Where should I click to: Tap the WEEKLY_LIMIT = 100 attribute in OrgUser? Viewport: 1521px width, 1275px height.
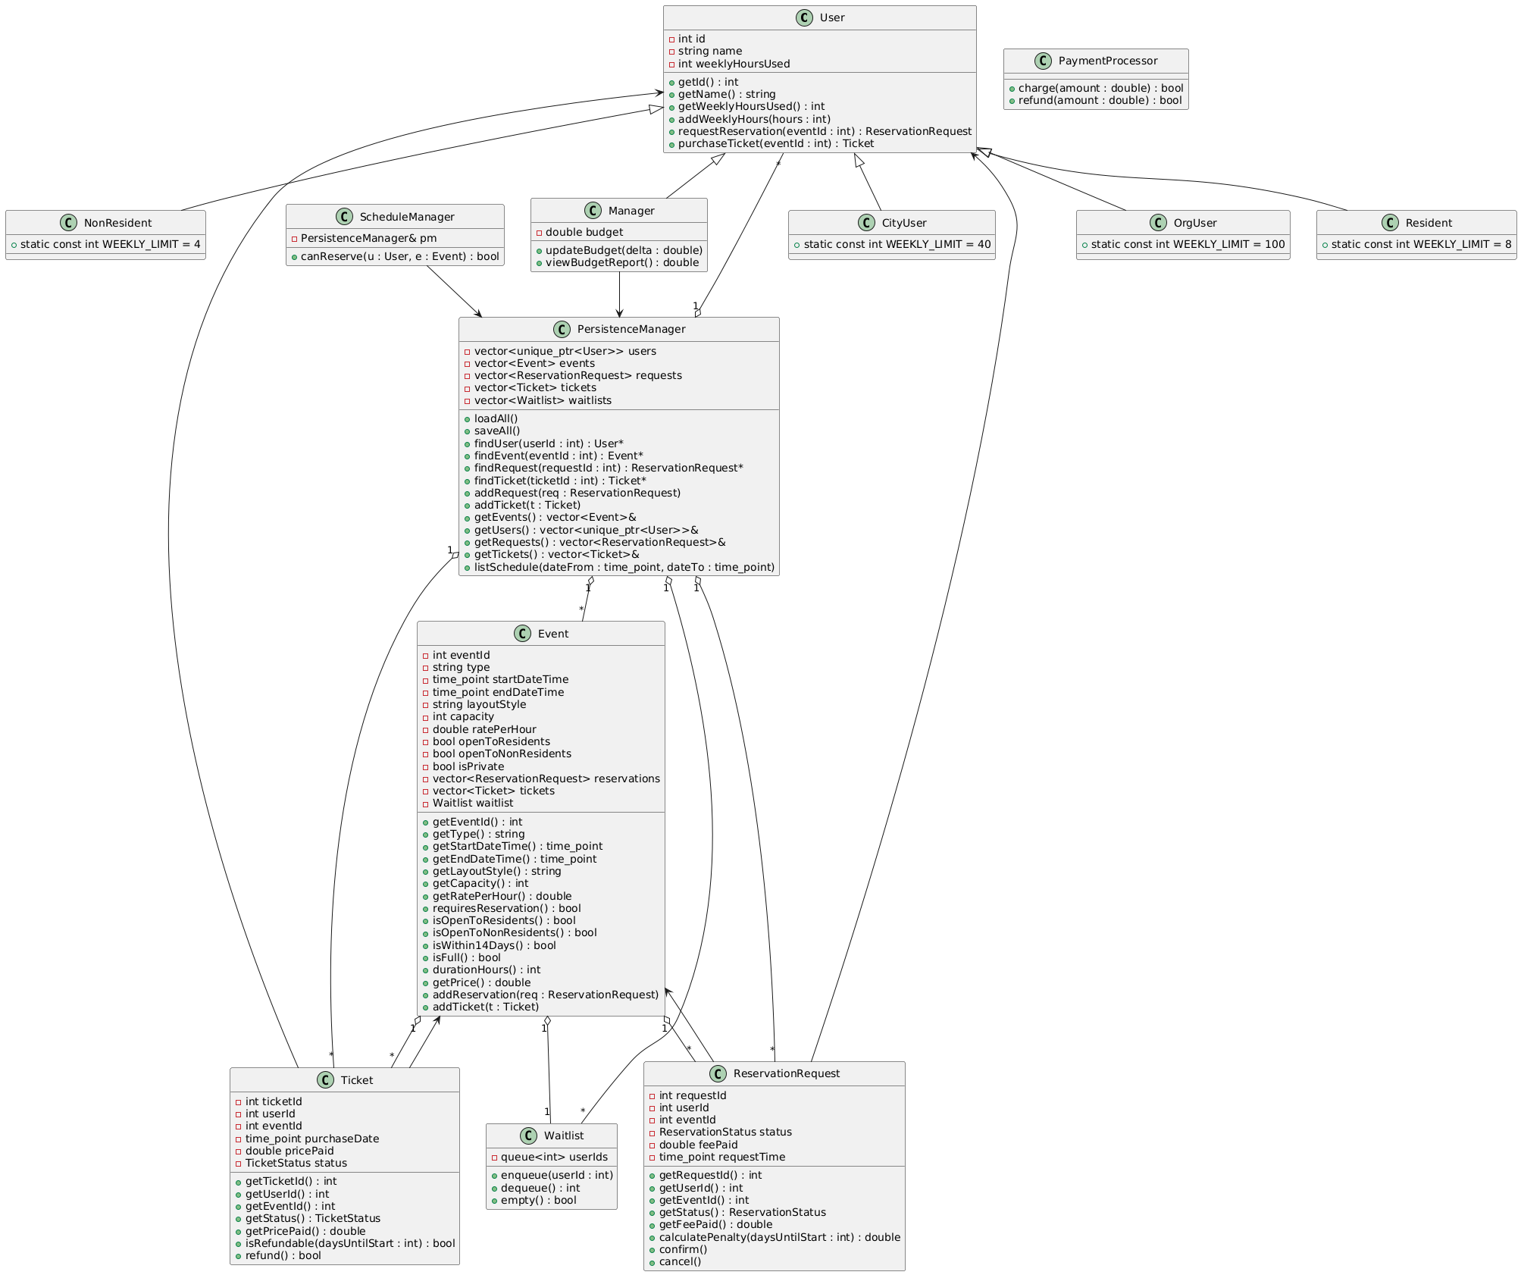[x=1188, y=244]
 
